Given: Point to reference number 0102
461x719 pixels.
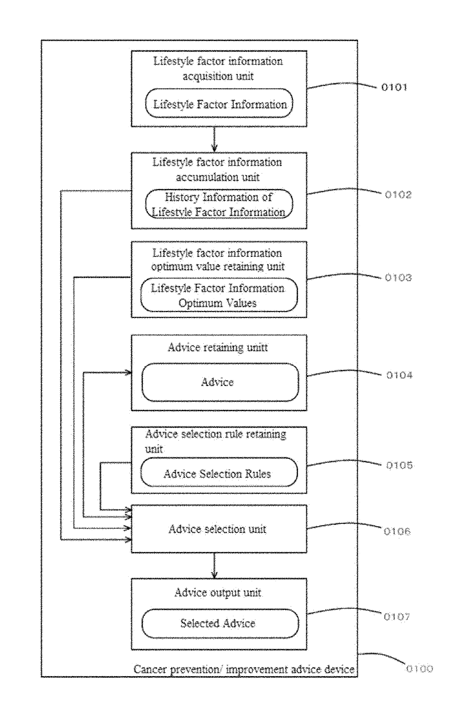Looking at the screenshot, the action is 398,195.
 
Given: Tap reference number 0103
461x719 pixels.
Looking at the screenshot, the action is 398,278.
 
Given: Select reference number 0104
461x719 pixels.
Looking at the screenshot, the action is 399,375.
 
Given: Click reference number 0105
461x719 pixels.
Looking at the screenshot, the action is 399,465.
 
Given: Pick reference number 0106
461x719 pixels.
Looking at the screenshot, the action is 397,531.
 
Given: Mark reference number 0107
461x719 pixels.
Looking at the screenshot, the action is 397,617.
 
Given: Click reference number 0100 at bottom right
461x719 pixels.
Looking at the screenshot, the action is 419,669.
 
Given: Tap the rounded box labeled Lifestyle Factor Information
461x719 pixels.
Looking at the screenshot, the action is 219,103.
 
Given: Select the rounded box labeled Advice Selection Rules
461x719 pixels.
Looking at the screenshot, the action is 219,473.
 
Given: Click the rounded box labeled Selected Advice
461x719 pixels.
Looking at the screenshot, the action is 220,623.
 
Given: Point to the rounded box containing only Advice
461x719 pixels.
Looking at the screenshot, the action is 220,382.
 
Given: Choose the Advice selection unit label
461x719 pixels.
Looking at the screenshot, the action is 217,529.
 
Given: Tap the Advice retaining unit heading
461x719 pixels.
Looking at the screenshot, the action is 218,347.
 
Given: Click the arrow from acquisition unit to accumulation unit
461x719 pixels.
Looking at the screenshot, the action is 215,139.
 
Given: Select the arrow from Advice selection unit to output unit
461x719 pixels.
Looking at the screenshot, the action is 215,565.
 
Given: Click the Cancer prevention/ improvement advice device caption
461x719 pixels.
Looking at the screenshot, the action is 244,669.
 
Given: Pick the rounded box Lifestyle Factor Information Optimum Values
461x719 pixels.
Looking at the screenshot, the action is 219,295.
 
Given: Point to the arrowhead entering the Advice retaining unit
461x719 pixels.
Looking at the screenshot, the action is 129,373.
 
